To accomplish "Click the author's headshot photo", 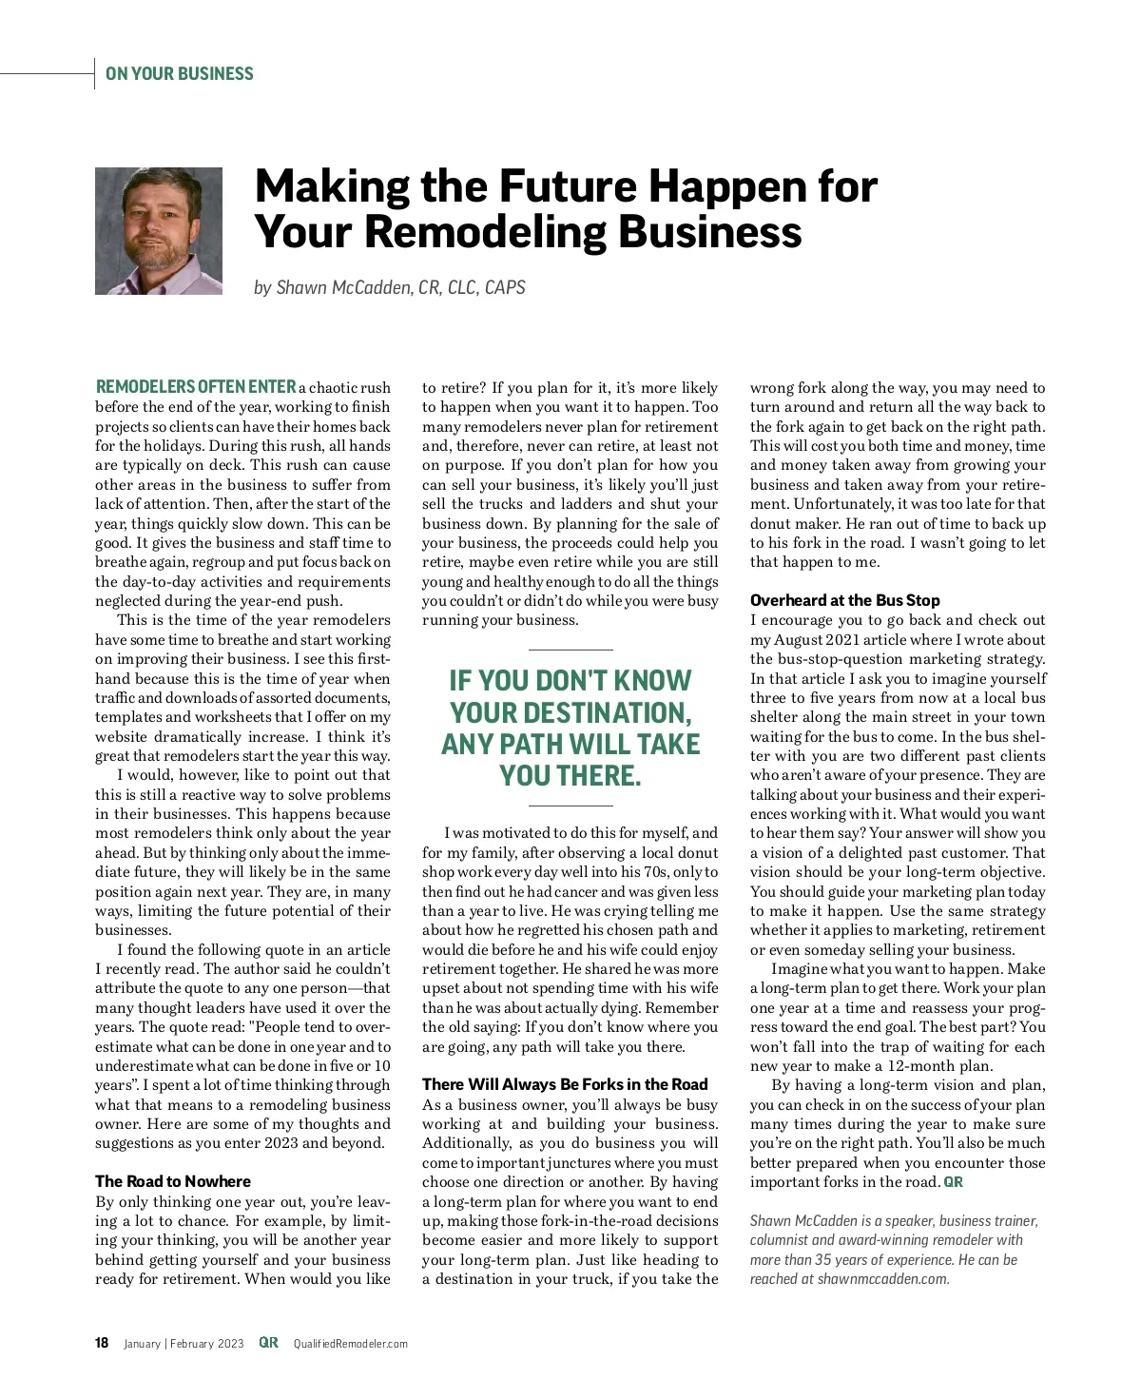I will point(158,231).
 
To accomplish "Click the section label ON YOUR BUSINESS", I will point(179,74).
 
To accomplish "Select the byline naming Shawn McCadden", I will point(390,287).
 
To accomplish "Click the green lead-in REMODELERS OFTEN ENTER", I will point(196,387).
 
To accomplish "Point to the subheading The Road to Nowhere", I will point(173,1181).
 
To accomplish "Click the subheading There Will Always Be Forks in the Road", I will point(565,1084).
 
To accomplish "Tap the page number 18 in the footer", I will point(102,1343).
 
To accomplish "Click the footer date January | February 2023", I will point(184,1344).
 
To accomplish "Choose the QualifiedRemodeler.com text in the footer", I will point(350,1344).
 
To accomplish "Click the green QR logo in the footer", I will point(268,1343).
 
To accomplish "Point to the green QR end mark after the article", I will point(953,1182).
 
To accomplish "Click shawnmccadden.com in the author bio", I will point(882,1279).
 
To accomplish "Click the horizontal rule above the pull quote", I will point(570,650).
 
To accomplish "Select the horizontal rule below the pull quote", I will point(570,806).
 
